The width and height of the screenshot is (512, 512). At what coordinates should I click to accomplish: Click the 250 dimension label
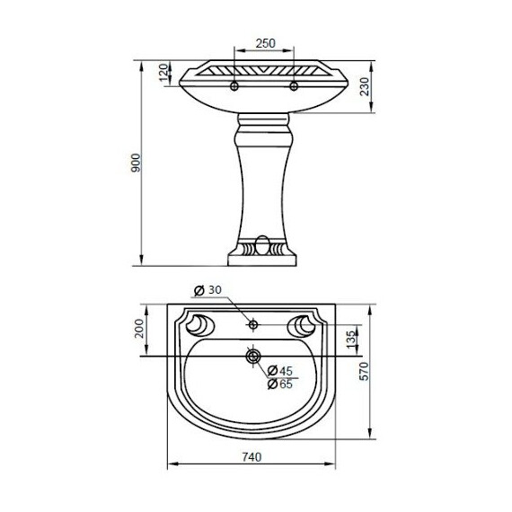266,43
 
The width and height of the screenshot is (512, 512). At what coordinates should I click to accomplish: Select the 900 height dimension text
136,163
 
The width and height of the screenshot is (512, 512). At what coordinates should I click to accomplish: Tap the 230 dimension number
365,86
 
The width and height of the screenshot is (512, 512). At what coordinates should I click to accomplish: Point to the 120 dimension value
163,72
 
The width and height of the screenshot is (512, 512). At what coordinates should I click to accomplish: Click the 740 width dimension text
252,457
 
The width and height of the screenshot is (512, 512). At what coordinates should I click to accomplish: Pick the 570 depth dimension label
364,371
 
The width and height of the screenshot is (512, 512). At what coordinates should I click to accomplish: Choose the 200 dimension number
139,329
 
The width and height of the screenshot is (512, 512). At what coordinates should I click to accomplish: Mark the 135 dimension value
350,340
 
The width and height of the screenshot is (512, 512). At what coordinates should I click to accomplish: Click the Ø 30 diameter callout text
207,290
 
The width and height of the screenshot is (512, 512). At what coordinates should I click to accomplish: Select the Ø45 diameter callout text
280,371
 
